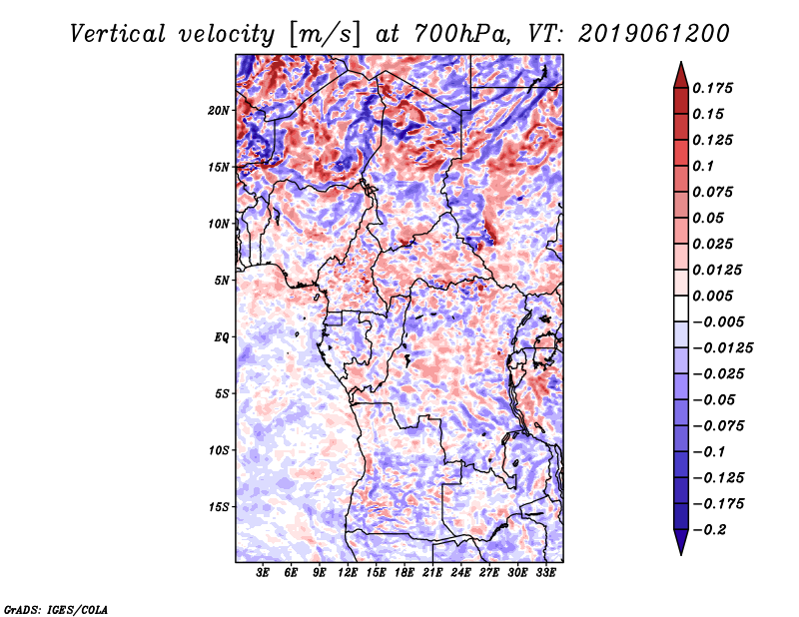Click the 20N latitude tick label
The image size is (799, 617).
[x=220, y=110]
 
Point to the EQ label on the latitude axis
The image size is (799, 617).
[x=222, y=337]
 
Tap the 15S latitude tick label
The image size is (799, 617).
[x=220, y=507]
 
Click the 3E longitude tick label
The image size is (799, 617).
[x=264, y=573]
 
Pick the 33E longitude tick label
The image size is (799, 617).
[x=545, y=573]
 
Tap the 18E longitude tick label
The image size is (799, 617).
[x=404, y=573]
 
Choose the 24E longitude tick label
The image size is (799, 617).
[x=460, y=573]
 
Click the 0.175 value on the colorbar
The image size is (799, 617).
[x=715, y=88]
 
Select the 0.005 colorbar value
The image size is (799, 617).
[x=715, y=296]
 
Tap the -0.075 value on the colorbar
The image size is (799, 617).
[x=719, y=425]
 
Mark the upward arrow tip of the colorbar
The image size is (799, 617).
[x=679, y=63]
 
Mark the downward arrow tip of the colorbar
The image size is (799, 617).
[x=679, y=554]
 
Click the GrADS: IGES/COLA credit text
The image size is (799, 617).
[x=55, y=608]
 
